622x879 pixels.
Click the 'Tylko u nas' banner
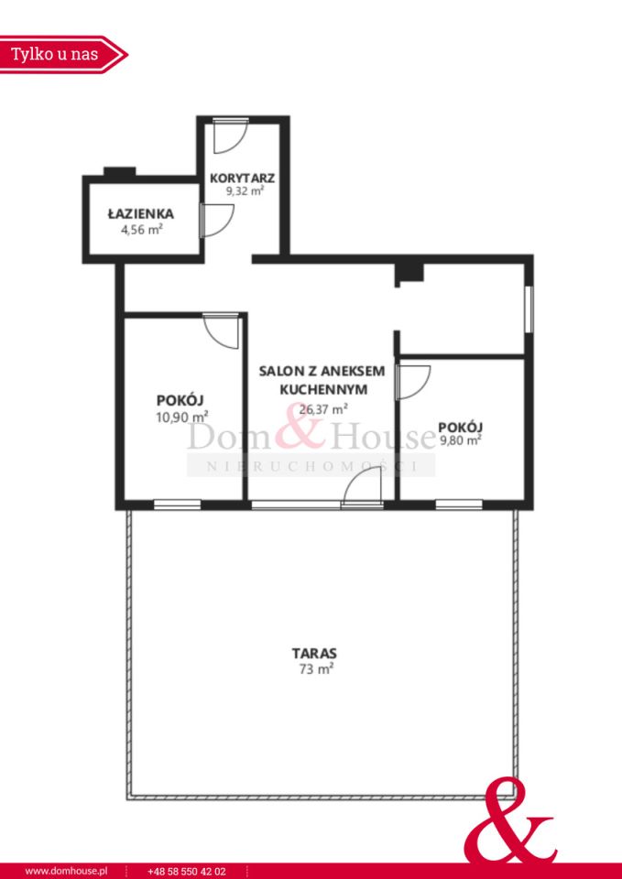63,54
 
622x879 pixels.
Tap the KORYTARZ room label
242,179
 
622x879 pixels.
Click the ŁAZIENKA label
141,213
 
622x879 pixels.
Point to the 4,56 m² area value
141,229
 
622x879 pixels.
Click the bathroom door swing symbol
216,221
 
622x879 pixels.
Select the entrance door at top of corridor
231,136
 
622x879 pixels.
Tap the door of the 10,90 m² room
222,331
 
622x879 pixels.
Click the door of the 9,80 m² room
412,382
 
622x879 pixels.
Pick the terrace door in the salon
363,488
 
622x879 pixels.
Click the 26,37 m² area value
323,408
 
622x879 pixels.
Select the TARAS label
314,653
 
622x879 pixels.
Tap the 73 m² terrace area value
314,668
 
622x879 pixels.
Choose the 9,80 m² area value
461,440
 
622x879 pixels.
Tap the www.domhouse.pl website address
67,872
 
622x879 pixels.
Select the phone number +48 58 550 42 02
186,872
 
